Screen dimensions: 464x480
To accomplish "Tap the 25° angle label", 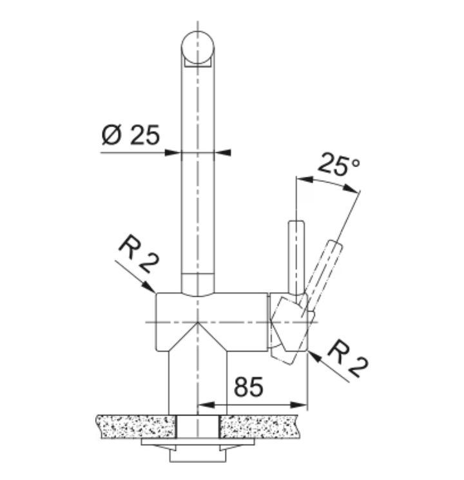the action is [x=339, y=165].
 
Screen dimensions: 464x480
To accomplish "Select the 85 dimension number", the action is [x=248, y=386].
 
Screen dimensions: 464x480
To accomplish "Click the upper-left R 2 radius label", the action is [x=139, y=253].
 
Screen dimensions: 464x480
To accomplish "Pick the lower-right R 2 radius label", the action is [x=348, y=358].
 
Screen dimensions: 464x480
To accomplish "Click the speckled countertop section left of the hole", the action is [x=137, y=426].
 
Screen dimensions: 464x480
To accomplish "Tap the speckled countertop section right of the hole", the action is [x=259, y=426].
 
